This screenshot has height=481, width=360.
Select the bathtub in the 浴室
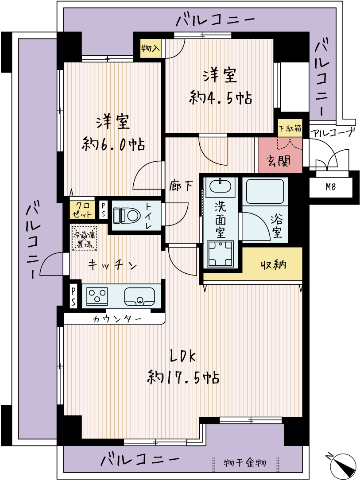click(x=265, y=191)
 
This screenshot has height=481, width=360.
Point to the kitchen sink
click(x=139, y=297)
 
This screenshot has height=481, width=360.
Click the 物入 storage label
click(x=150, y=48)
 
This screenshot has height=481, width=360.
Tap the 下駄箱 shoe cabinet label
click(x=290, y=128)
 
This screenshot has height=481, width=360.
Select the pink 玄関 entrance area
click(x=280, y=155)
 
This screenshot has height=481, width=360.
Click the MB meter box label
click(x=331, y=186)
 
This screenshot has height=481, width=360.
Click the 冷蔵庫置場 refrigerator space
click(x=84, y=239)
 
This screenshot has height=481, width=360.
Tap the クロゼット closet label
click(x=82, y=210)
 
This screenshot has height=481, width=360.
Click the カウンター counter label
click(x=117, y=319)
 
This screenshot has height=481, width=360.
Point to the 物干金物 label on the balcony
click(x=245, y=462)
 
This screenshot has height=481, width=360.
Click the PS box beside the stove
click(x=74, y=296)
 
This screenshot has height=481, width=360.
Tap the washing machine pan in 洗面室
click(x=220, y=253)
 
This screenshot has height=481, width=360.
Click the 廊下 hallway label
click(x=181, y=186)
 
